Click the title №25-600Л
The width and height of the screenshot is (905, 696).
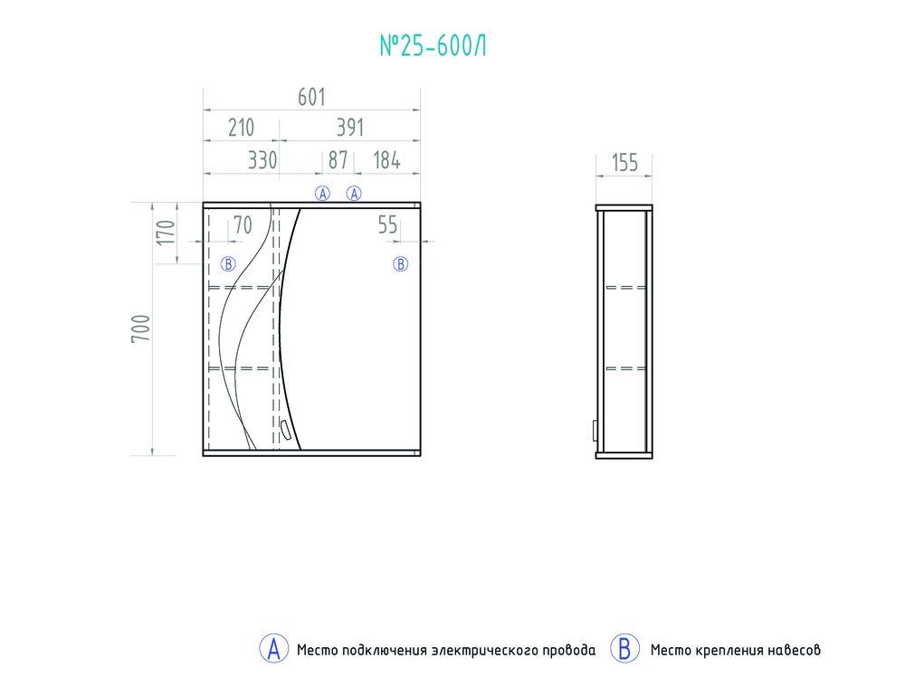click(432, 46)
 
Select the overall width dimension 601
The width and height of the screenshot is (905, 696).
click(310, 97)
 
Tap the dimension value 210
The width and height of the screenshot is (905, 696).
click(241, 128)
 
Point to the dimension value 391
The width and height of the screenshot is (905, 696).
click(349, 128)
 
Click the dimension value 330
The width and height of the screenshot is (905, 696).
click(262, 161)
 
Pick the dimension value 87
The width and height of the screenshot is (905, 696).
click(338, 161)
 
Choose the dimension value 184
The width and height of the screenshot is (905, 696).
click(386, 161)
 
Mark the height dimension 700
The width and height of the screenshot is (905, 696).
click(139, 328)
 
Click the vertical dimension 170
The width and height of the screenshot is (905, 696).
click(165, 233)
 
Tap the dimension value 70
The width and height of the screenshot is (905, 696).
click(243, 226)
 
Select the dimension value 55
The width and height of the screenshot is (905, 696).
click(387, 226)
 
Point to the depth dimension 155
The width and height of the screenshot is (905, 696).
click(624, 163)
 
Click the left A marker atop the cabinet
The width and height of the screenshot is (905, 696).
click(322, 193)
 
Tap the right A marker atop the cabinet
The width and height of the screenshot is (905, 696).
click(355, 193)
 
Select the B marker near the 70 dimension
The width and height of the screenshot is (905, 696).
click(228, 264)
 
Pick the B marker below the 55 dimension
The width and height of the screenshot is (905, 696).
click(400, 264)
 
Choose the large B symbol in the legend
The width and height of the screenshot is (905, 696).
click(624, 649)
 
